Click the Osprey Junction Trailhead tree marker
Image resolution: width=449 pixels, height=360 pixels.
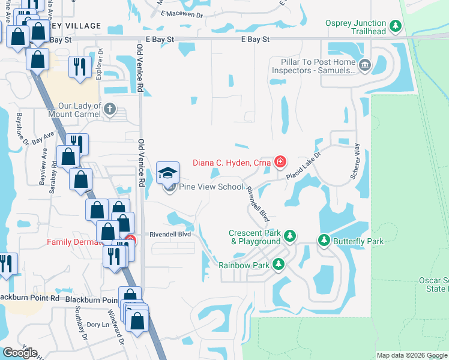click(395, 26)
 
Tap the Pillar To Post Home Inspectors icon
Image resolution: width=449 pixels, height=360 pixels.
click(364, 64)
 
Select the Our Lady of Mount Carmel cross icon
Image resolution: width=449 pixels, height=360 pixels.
click(109, 109)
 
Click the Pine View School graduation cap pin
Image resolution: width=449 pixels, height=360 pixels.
click(167, 173)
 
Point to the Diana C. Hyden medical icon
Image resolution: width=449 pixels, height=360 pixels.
click(280, 161)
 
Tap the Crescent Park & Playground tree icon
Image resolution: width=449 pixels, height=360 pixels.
click(290, 236)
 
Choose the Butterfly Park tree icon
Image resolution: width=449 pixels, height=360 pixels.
click(324, 241)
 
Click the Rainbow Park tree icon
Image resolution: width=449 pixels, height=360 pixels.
click(278, 264)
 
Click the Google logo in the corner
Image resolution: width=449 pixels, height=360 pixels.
click(20, 353)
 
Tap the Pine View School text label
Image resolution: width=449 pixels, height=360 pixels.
click(213, 187)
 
